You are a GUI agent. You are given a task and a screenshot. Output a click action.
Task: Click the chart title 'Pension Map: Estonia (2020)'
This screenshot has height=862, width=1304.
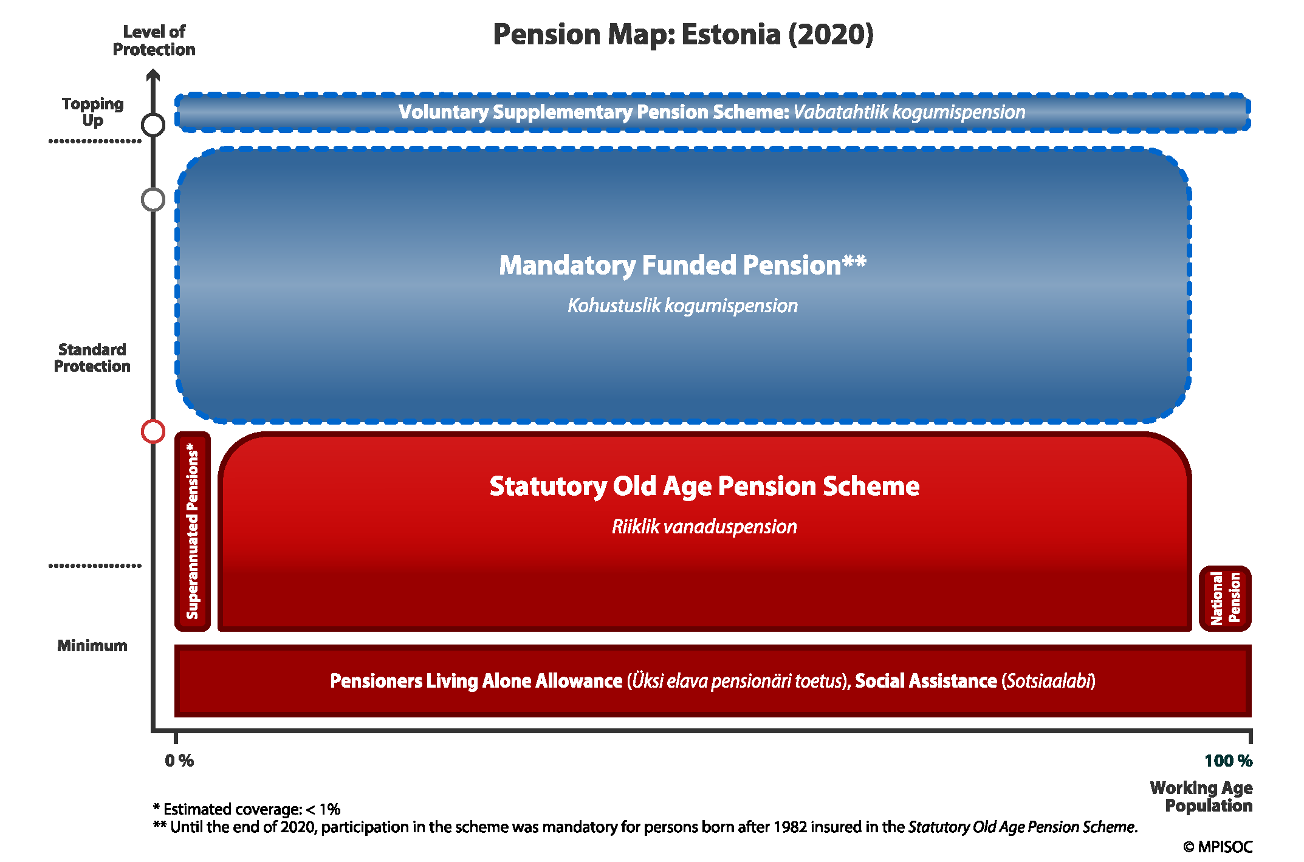(x=683, y=35)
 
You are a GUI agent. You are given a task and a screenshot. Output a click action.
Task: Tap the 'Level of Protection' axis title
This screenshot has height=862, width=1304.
(x=154, y=41)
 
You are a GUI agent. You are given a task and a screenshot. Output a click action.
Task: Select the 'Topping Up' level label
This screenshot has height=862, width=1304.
(x=93, y=112)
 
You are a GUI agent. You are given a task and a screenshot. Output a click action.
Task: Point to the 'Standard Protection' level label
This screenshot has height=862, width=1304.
(x=92, y=358)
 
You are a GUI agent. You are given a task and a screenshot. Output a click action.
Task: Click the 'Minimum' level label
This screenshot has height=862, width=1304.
(x=92, y=646)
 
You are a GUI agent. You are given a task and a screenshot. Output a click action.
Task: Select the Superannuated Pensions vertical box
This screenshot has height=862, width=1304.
(x=193, y=532)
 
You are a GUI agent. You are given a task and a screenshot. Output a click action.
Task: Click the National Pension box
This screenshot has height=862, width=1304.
(x=1225, y=598)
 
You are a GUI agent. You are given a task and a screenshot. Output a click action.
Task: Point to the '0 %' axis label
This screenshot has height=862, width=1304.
(x=179, y=761)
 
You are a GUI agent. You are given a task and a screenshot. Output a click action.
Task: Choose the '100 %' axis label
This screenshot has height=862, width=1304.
(x=1229, y=761)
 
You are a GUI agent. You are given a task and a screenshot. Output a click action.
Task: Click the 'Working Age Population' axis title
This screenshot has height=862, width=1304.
(x=1201, y=797)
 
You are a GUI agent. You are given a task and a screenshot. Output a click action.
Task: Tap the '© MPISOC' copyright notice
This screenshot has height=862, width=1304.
(x=1218, y=847)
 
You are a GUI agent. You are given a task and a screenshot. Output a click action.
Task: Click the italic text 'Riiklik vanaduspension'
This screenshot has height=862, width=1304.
(x=704, y=527)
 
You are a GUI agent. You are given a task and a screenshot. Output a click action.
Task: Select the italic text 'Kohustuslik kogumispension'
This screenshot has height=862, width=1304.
(x=683, y=306)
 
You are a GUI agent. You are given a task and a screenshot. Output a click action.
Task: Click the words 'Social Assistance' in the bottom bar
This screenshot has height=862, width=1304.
(x=926, y=681)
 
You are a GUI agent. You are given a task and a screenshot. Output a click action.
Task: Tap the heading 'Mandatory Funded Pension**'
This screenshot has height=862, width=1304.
(x=682, y=265)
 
